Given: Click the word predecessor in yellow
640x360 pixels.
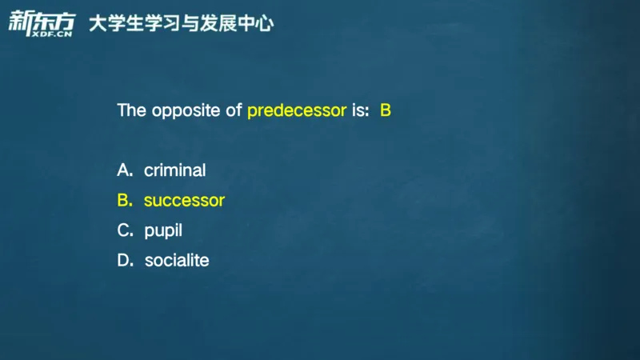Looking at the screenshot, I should pyautogui.click(x=297, y=111).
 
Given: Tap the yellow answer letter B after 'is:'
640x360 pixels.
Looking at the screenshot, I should pyautogui.click(x=385, y=110).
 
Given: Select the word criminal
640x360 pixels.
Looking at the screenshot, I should pyautogui.click(x=174, y=170).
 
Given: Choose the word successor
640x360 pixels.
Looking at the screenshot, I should pyautogui.click(x=184, y=201).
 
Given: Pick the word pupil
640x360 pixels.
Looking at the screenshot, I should pyautogui.click(x=163, y=231).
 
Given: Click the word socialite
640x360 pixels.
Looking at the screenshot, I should pyautogui.click(x=177, y=261).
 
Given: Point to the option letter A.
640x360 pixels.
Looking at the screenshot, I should pyautogui.click(x=124, y=170).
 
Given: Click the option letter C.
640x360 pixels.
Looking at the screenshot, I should pyautogui.click(x=124, y=230).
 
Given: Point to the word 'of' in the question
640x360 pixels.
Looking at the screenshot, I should pyautogui.click(x=234, y=110).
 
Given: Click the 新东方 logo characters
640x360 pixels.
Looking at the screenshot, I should pyautogui.click(x=41, y=19).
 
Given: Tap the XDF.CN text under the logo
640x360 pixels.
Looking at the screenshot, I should pyautogui.click(x=52, y=33).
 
